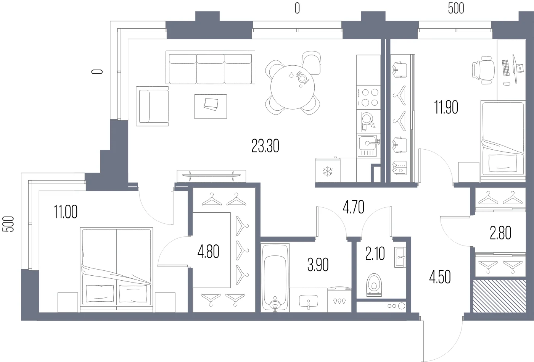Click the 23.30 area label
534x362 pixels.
265,146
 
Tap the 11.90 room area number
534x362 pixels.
446,107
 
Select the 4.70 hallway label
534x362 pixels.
353,207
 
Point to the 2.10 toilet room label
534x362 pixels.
375,254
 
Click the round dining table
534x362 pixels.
293,87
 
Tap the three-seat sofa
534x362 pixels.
210,67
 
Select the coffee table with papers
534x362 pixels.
211,107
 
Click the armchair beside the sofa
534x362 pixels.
152,106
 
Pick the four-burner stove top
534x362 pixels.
368,97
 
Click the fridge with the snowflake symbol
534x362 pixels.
328,170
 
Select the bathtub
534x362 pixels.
275,278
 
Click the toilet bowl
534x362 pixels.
374,285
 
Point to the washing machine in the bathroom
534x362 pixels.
339,300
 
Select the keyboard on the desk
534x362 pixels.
506,68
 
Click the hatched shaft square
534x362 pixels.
499,296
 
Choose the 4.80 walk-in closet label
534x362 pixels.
208,252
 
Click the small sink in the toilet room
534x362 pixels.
400,257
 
